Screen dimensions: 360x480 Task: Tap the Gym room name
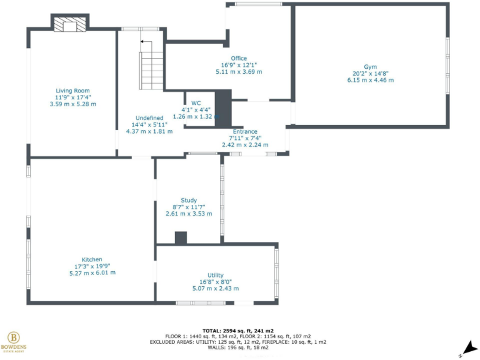(371, 66)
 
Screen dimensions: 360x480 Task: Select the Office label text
(239, 58)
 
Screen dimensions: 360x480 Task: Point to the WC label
(196, 102)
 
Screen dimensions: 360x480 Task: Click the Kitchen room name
(92, 259)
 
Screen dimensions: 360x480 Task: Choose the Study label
(189, 200)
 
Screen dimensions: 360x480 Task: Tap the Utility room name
(216, 275)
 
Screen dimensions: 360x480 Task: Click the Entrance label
(245, 132)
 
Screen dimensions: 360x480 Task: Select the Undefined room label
(149, 117)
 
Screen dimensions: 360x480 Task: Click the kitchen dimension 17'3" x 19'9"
(92, 266)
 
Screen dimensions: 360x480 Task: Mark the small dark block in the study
(181, 237)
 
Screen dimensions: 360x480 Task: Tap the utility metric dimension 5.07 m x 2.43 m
(216, 289)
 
